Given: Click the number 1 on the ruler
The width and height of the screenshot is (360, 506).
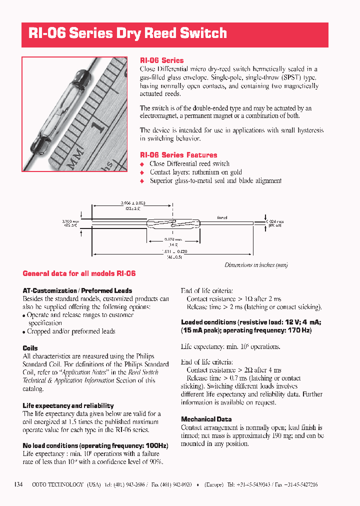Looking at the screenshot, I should click(x=99, y=126).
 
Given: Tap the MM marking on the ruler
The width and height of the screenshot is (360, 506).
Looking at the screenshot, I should click(x=76, y=155).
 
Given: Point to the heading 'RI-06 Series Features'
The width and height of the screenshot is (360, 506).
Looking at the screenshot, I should click(x=178, y=155).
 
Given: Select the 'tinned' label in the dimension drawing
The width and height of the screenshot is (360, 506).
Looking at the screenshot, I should click(x=222, y=218).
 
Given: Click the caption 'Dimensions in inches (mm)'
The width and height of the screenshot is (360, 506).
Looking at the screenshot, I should click(x=256, y=265).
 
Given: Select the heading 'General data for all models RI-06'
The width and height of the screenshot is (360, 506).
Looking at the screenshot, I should click(x=79, y=273).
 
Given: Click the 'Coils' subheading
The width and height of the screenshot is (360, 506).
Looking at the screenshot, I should click(x=30, y=348).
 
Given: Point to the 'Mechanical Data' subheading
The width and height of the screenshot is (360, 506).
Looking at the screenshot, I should click(x=206, y=419).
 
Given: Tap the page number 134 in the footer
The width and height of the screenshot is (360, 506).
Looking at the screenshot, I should click(x=18, y=484).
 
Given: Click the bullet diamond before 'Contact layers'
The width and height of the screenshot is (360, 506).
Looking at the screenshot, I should click(x=142, y=172).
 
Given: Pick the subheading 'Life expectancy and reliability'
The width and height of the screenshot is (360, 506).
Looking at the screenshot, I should click(x=68, y=405).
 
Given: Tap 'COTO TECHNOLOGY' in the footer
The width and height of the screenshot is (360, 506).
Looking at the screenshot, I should click(x=57, y=485).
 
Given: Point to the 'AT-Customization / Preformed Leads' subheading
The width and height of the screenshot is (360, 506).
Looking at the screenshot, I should click(x=77, y=290).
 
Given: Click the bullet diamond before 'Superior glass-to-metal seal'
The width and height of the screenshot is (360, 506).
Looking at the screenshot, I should click(x=142, y=181).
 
